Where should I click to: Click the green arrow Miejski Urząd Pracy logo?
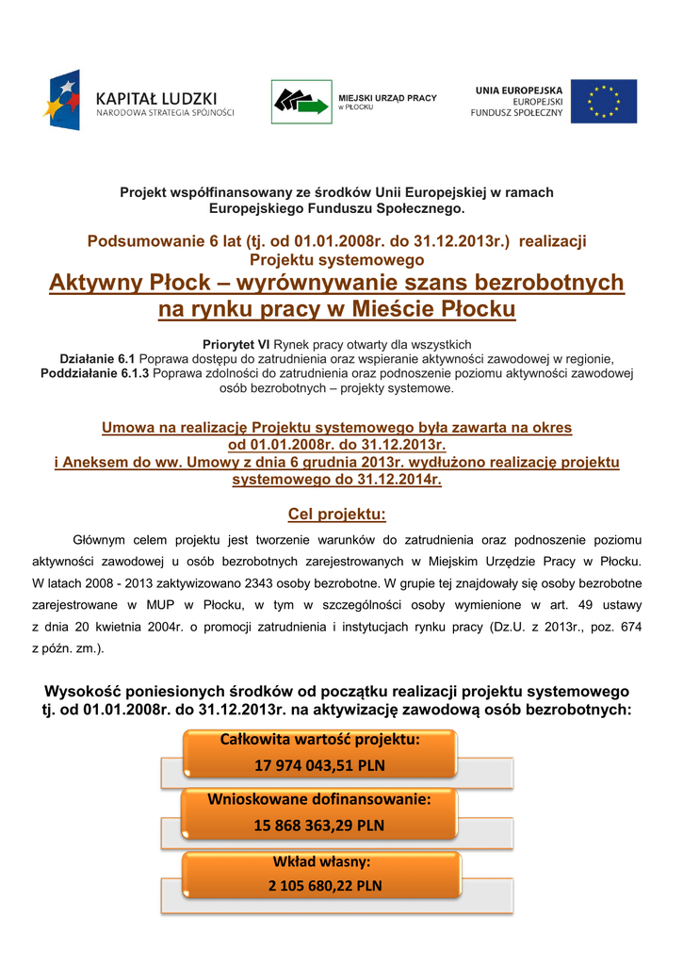pyautogui.click(x=301, y=101)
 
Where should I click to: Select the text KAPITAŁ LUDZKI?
pyautogui.click(x=156, y=97)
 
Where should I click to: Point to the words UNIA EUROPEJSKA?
pyautogui.click(x=518, y=90)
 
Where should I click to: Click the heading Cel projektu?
pyautogui.click(x=336, y=515)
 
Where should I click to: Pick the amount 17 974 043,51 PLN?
pyautogui.click(x=319, y=765)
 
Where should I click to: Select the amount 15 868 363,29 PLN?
pyautogui.click(x=319, y=826)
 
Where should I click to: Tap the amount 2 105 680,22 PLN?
pyautogui.click(x=320, y=886)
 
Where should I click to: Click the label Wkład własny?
pyautogui.click(x=320, y=861)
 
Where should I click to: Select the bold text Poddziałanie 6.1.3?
pyautogui.click(x=95, y=373)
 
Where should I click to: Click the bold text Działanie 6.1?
pyautogui.click(x=98, y=359)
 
